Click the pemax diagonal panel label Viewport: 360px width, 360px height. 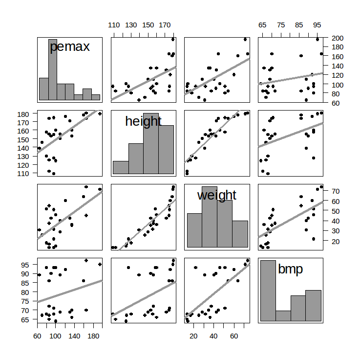(69, 47)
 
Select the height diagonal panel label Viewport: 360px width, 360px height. (143, 121)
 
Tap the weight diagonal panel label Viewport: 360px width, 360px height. (216, 195)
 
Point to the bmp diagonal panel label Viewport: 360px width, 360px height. (290, 269)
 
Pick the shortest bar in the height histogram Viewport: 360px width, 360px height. (121, 167)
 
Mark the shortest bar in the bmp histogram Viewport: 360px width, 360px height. (283, 315)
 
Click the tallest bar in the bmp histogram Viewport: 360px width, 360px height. (268, 291)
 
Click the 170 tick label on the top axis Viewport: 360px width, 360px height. (165, 25)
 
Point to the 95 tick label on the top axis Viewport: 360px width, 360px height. (317, 25)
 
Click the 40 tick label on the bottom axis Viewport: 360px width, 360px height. (214, 336)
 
